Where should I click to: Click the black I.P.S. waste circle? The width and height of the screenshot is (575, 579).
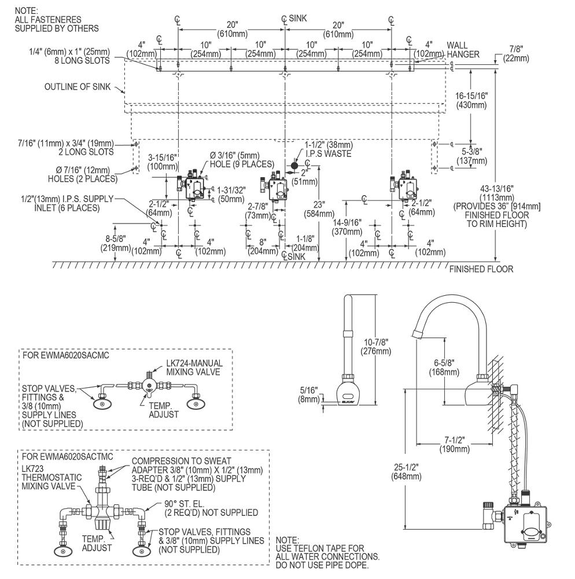[294, 165]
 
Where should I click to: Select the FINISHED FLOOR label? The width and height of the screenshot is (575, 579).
[481, 269]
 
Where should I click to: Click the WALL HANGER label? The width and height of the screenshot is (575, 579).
[463, 50]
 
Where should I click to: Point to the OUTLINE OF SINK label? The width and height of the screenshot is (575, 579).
[78, 87]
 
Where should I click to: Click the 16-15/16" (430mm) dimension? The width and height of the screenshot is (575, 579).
[471, 100]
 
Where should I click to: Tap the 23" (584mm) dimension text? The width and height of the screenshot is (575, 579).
[319, 209]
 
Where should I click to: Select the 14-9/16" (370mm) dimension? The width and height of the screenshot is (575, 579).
[348, 227]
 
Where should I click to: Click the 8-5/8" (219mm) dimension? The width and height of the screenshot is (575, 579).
[116, 243]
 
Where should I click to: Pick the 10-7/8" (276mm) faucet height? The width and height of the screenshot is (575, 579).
[376, 347]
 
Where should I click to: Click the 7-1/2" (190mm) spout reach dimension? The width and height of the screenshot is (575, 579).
[455, 445]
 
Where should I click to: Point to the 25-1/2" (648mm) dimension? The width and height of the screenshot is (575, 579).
[406, 472]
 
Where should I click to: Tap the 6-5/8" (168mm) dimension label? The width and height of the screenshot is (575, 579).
[444, 368]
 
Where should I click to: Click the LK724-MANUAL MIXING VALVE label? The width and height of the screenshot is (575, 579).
[194, 368]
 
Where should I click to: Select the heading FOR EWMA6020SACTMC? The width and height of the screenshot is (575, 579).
[68, 456]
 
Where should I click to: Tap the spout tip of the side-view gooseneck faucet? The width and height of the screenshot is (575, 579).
[416, 334]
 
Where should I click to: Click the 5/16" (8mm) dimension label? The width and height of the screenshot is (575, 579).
[309, 394]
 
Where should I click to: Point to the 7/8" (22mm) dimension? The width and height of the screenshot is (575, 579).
[516, 53]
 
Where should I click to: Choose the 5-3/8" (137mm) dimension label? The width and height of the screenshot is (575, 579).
[471, 156]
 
